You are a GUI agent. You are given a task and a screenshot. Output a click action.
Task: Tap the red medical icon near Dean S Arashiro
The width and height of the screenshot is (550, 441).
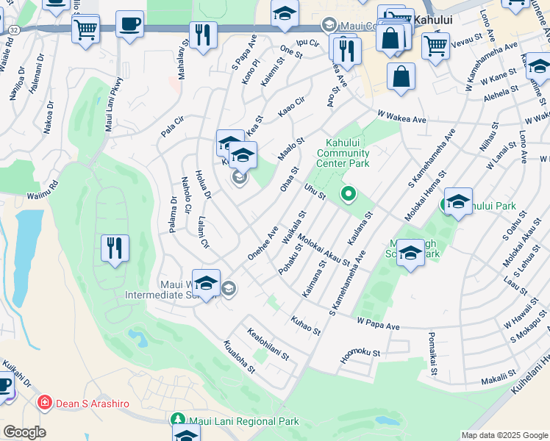45,403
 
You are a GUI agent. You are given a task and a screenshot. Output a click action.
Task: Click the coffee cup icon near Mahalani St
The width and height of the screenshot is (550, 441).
129,24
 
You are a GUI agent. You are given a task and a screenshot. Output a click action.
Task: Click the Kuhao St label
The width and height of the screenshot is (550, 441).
306,326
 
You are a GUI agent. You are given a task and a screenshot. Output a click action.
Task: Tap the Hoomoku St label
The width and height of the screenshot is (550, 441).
360,355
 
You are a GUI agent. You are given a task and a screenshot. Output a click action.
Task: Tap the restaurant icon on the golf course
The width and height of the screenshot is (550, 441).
115,248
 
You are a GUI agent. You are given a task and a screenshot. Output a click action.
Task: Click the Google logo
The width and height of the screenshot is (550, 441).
24,432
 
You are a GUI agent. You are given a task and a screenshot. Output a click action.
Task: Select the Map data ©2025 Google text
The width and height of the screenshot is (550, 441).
504,435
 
